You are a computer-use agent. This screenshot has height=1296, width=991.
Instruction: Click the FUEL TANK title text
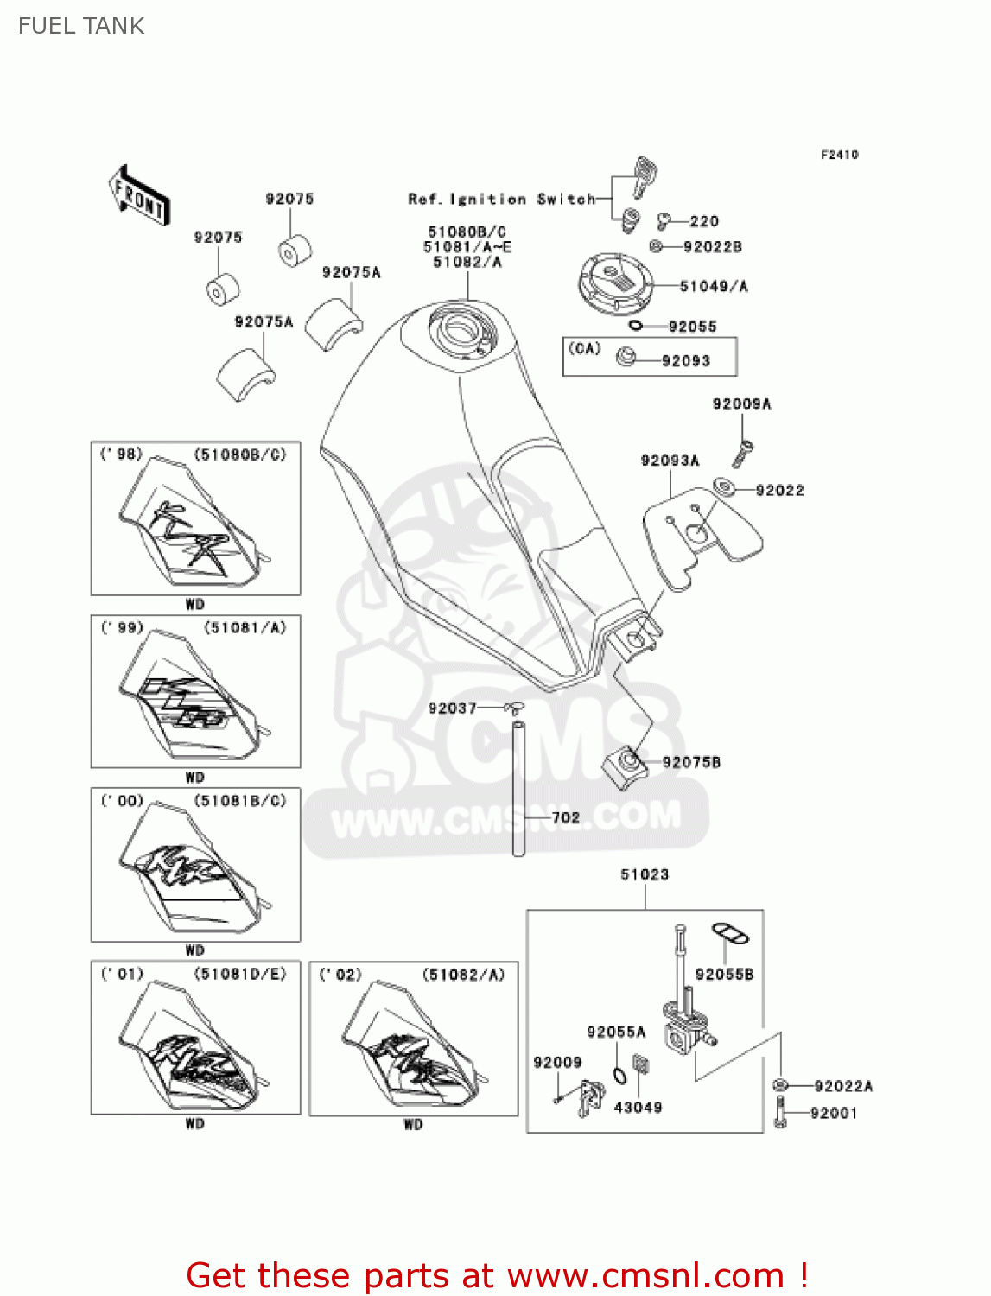coord(81,26)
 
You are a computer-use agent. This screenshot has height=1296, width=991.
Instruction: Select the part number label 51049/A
coord(714,286)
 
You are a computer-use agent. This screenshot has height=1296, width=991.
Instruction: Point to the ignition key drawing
coord(644,175)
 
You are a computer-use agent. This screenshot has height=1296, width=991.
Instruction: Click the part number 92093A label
coord(670,461)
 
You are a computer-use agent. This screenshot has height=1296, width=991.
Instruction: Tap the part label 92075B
coord(691,762)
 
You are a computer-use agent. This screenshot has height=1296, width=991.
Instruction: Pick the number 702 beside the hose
coord(565,817)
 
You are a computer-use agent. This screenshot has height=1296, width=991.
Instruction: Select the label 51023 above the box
coord(645,874)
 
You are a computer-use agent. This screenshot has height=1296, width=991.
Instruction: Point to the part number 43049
coord(638,1107)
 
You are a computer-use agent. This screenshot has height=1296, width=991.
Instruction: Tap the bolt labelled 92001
coord(781,1113)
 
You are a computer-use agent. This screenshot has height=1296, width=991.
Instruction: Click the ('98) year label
coord(121,454)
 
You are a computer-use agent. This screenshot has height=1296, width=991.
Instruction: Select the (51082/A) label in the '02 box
coord(463,975)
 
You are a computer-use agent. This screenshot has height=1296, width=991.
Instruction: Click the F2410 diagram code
coord(839,155)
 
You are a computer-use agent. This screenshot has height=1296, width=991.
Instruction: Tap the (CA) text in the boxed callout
coord(584,348)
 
